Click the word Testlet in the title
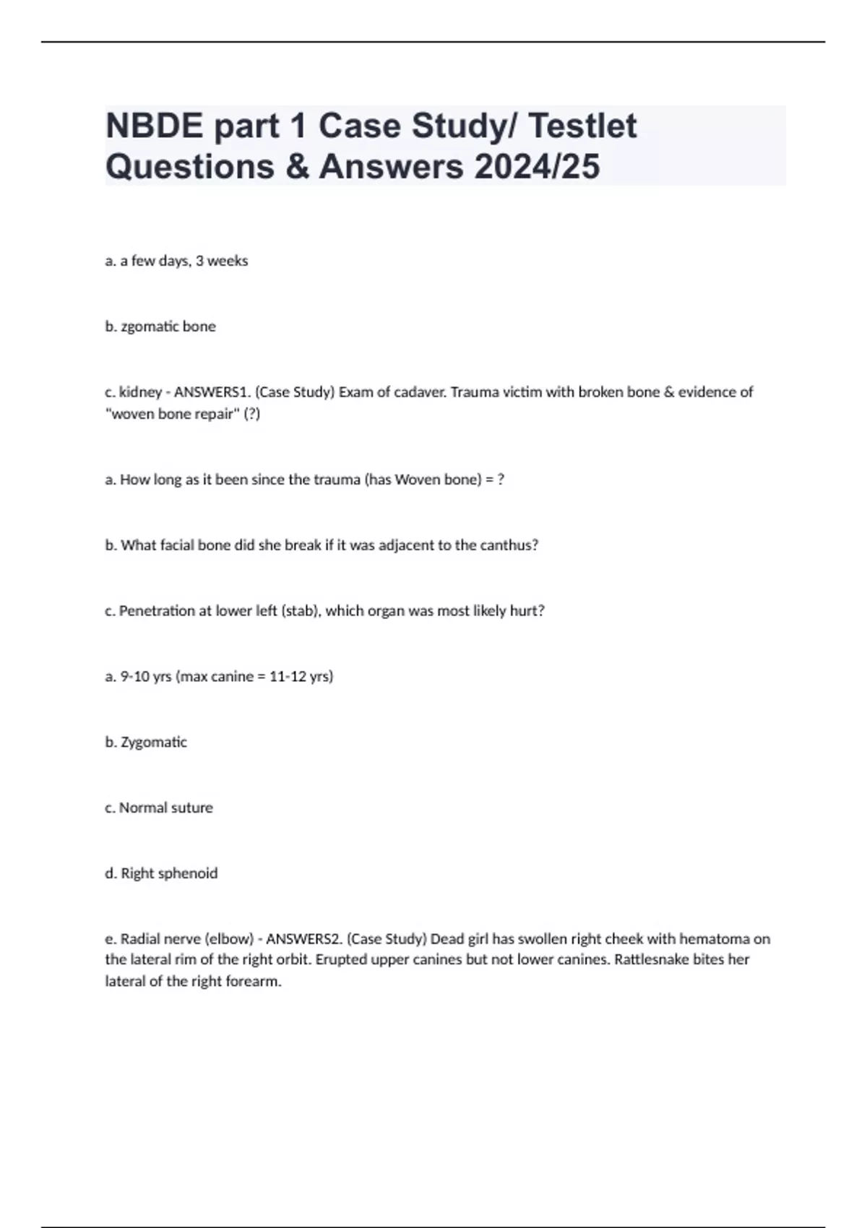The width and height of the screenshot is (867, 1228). [582, 126]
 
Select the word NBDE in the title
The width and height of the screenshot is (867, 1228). [154, 126]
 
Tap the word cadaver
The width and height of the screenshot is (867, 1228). [419, 392]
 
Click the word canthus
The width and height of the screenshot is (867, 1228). [510, 545]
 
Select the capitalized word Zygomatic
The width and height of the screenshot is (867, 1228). [153, 743]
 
